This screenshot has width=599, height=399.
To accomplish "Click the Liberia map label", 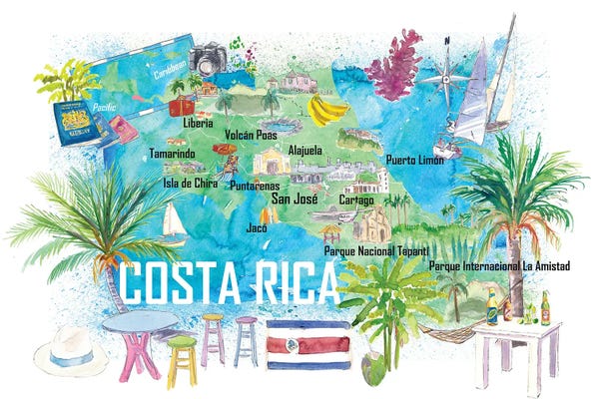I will point(199,123).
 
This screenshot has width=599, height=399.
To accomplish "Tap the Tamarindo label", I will point(172,154).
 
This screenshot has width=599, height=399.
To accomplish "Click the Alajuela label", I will point(304,150).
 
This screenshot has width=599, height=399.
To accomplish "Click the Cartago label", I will point(356,199).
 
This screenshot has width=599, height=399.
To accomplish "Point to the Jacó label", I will point(256,227).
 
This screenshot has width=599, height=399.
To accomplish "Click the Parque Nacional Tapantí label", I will point(376,250).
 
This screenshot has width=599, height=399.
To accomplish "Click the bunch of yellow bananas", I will point(327,109).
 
